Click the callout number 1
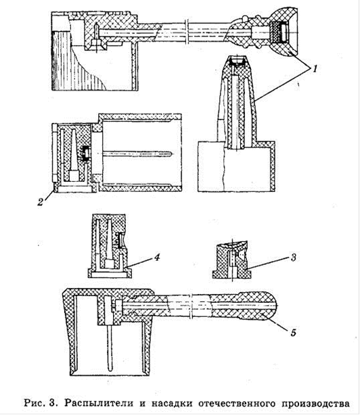pyautogui.click(x=315, y=68)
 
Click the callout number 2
pyautogui.click(x=41, y=202)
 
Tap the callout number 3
pyautogui.click(x=293, y=258)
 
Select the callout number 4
pyautogui.click(x=157, y=257)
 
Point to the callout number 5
pyautogui.click(x=293, y=333)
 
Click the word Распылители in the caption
pyautogui.click(x=99, y=403)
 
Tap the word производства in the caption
pyautogui.click(x=315, y=404)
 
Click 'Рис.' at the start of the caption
pyautogui.click(x=34, y=403)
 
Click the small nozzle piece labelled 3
pyautogui.click(x=232, y=260)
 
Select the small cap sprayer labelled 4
pyautogui.click(x=110, y=246)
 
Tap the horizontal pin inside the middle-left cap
pyautogui.click(x=138, y=154)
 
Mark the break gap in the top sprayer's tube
pyautogui.click(x=187, y=32)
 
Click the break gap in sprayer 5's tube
pyautogui.click(x=191, y=306)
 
